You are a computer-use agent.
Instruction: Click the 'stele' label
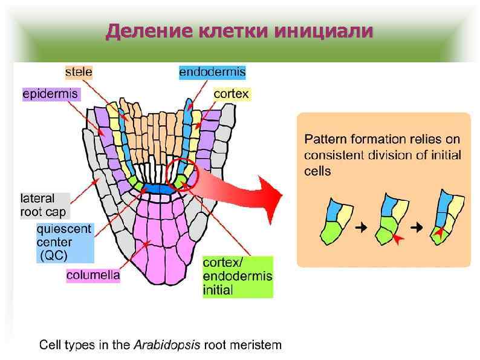point(79,73)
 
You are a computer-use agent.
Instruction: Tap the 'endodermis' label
point(212,73)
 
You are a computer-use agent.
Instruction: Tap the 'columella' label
point(93,275)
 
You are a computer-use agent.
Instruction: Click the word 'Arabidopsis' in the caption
point(167,346)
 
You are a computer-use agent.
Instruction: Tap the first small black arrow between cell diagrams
point(362,227)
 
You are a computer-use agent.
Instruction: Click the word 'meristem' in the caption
point(256,346)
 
